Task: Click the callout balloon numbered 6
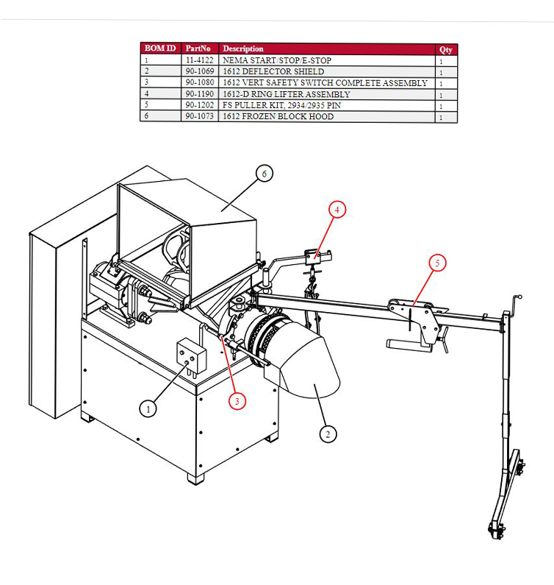tap(265, 174)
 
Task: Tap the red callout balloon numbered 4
tap(337, 210)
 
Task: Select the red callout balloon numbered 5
tap(437, 263)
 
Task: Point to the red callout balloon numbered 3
tap(237, 401)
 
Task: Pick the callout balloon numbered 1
tap(148, 409)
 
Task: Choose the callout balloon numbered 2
tap(328, 434)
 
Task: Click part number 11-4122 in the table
tap(200, 60)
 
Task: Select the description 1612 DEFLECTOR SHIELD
tap(273, 71)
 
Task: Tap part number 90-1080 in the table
tap(200, 82)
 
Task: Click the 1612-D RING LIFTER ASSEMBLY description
tap(287, 94)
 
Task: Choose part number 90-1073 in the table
tap(200, 116)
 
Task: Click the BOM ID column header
tap(160, 48)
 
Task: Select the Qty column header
tap(445, 49)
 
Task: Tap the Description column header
tap(243, 49)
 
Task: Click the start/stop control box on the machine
tap(191, 356)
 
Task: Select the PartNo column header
tap(198, 49)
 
